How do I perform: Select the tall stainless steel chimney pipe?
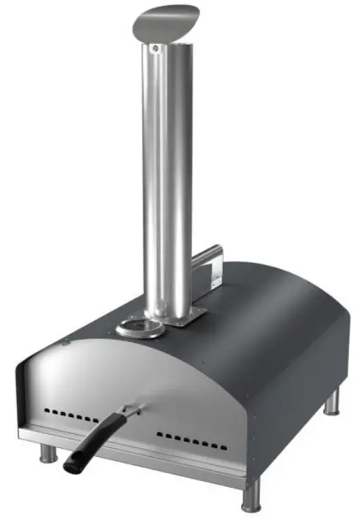(168, 184)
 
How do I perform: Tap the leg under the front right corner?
(251, 496)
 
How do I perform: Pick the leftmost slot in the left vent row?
(46, 408)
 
